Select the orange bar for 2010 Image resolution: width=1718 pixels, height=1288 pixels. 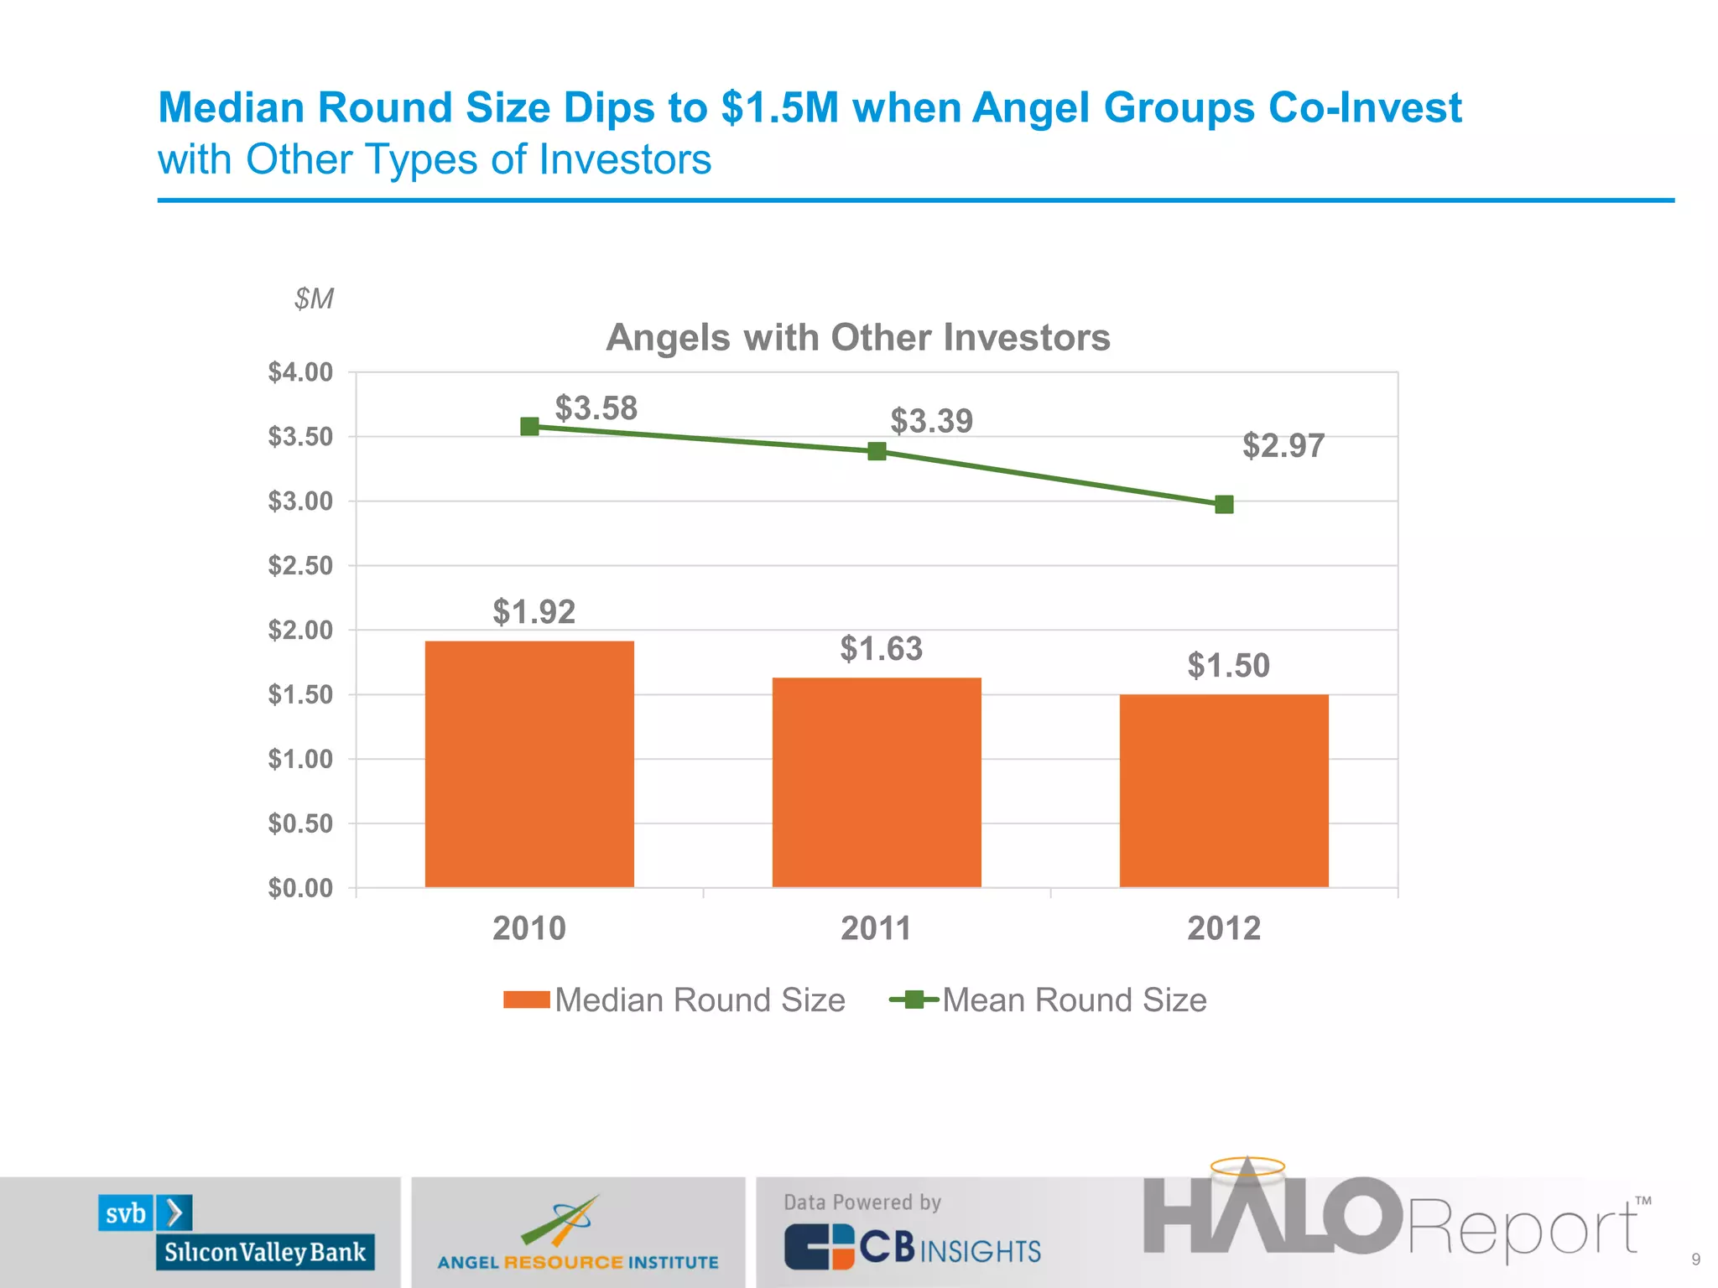529,764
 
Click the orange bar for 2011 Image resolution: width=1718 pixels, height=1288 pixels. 877,782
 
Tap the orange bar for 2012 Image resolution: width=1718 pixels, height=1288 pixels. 1224,791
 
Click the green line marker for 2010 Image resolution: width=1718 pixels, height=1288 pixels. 529,427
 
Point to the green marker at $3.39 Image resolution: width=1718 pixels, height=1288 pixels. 877,452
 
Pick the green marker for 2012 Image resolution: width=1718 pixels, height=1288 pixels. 1224,504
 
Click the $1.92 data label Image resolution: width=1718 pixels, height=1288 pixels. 534,612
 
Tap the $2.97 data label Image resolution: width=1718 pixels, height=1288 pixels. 1283,445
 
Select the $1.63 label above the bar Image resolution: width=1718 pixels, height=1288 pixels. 881,649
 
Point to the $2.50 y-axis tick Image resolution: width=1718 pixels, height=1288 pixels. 300,566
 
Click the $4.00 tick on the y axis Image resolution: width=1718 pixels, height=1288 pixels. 300,372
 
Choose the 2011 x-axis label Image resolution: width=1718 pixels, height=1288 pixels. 876,928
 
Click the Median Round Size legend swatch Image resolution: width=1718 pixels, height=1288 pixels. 526,1000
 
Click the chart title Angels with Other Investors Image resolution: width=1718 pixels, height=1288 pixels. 857,338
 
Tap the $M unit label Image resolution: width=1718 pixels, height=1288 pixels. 314,299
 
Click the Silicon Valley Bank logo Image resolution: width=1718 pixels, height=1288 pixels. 236,1233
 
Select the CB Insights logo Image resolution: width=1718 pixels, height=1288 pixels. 913,1248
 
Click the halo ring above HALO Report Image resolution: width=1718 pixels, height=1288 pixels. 1247,1166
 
